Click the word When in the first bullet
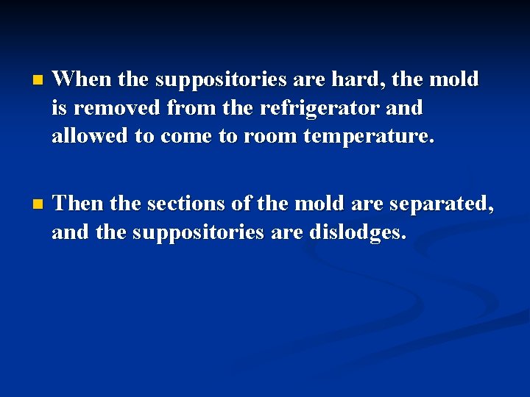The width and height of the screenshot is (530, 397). tap(79, 78)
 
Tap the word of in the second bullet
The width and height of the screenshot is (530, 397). tap(244, 203)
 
